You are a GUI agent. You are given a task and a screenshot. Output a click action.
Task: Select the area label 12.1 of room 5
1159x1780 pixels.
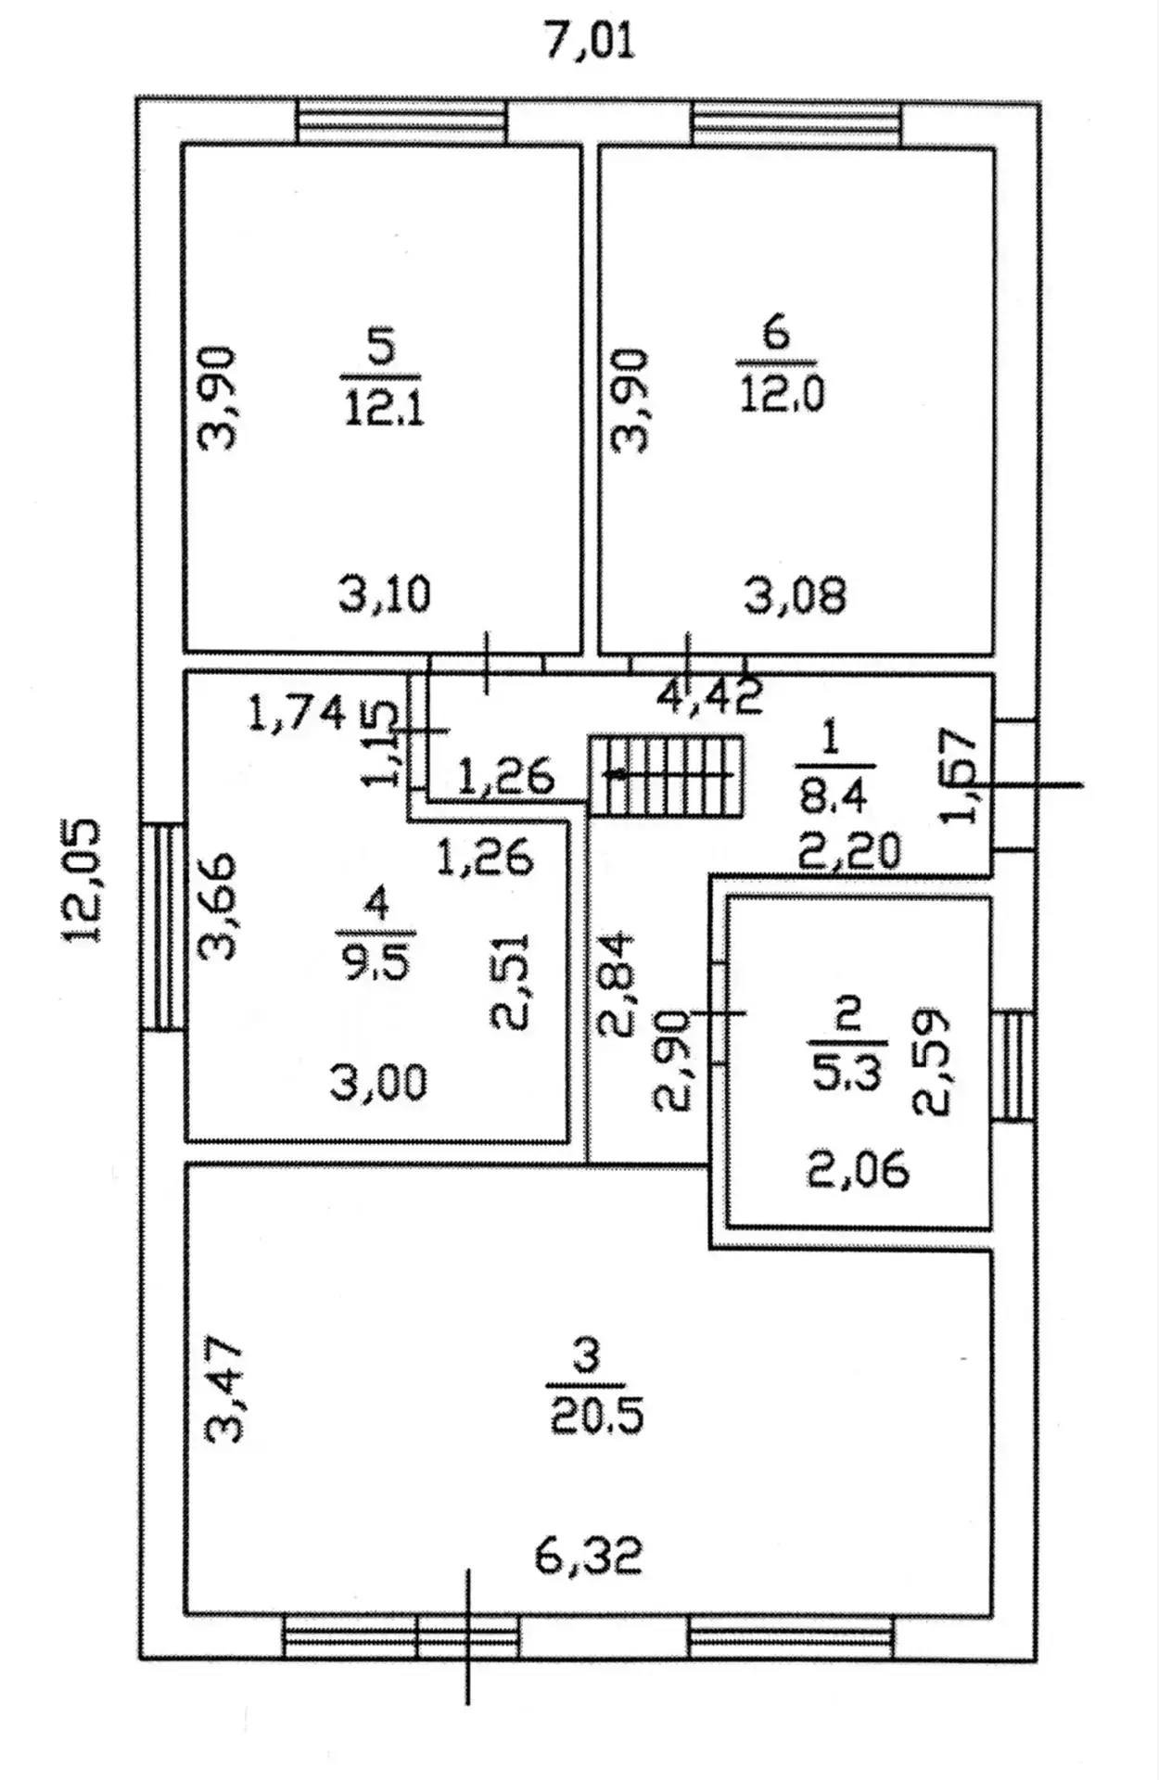click(384, 407)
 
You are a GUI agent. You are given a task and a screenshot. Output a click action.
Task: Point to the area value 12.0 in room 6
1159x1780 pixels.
click(782, 394)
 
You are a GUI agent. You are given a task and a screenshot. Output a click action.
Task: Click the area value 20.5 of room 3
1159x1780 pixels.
click(596, 1417)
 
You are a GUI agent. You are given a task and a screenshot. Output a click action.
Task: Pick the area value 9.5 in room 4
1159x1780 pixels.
click(376, 962)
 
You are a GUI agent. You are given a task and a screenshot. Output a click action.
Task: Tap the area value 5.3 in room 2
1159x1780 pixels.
click(847, 1074)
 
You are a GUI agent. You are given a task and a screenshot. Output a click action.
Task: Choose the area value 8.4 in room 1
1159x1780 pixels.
click(830, 795)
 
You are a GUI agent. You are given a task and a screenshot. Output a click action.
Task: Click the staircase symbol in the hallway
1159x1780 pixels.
click(667, 776)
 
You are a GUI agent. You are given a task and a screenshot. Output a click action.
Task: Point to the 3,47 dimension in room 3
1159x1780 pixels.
click(224, 1391)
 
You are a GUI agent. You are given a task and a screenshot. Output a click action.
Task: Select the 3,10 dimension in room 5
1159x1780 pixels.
click(385, 594)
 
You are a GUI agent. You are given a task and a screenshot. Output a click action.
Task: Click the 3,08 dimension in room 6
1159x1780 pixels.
click(796, 595)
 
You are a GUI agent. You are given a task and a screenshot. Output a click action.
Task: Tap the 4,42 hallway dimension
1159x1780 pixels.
click(710, 696)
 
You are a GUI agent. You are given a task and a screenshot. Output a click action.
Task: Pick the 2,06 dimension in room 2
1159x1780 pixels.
click(859, 1169)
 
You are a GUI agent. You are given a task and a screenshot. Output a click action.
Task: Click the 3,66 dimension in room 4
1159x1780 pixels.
click(219, 906)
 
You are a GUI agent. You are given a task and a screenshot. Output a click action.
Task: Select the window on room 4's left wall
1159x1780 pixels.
click(162, 926)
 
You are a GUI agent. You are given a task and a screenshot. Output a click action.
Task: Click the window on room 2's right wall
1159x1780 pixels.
click(1013, 1065)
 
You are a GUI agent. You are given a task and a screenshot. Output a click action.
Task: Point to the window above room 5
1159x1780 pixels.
click(401, 121)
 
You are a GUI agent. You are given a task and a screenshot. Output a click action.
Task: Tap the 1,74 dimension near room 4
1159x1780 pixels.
click(298, 714)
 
